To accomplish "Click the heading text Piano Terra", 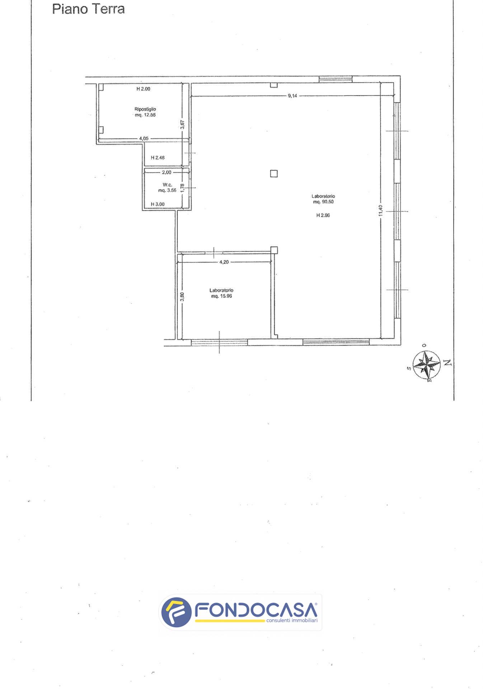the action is coord(88,9).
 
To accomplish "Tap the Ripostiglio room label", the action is coord(145,109).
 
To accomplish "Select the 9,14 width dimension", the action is coord(292,96).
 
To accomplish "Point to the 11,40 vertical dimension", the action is coord(381,210).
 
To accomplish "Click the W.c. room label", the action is coord(167,185).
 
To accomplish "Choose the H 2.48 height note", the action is coord(158,158).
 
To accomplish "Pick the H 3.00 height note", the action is coord(158,204).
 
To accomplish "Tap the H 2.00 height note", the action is coord(143,89).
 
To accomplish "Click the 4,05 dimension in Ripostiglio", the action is coord(144,139).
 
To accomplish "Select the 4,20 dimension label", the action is coord(224,262).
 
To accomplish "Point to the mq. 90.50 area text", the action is coord(323,202).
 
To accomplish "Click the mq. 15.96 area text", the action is coord(221,296).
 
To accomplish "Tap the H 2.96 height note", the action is coord(323,215).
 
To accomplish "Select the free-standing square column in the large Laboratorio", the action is coord(274,174).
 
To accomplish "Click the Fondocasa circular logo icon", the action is coord(176,612).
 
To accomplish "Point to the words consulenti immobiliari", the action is coord(292,620).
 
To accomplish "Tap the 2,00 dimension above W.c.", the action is coord(167,172).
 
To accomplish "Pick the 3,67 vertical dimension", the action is coord(182,125).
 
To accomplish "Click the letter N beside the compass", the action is coord(447,362).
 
